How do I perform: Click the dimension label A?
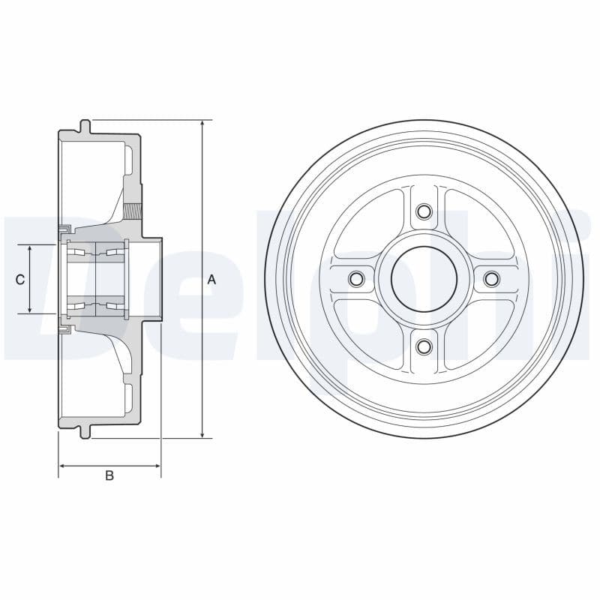[211, 279]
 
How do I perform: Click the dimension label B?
[109, 475]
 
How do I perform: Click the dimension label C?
[20, 279]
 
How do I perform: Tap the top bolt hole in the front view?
[424, 211]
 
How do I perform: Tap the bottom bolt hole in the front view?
[424, 346]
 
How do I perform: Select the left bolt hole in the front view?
[356, 279]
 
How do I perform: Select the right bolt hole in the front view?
[491, 279]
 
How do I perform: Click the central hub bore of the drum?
[424, 279]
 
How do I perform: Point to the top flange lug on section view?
[85, 126]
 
